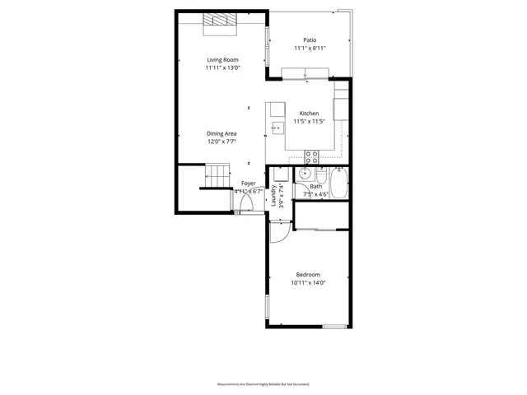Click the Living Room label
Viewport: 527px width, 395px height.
pos(222,60)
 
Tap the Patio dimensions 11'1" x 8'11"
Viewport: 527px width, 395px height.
pos(310,49)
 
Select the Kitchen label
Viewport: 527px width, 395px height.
pos(309,114)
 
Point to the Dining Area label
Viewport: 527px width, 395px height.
pos(222,133)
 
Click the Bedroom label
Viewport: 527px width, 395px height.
pos(308,275)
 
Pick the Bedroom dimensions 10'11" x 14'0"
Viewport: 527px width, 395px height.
pos(308,283)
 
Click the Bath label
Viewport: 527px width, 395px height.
pos(316,187)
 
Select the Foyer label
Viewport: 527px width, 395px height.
pos(248,184)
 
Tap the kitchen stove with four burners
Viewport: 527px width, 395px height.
pos(312,155)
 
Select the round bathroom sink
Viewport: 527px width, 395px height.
pos(305,174)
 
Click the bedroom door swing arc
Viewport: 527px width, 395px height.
pos(278,235)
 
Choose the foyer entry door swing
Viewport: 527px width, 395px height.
pos(245,203)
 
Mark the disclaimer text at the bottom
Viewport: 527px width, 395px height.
pos(263,383)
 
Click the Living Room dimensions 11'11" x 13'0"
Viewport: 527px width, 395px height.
pos(222,68)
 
